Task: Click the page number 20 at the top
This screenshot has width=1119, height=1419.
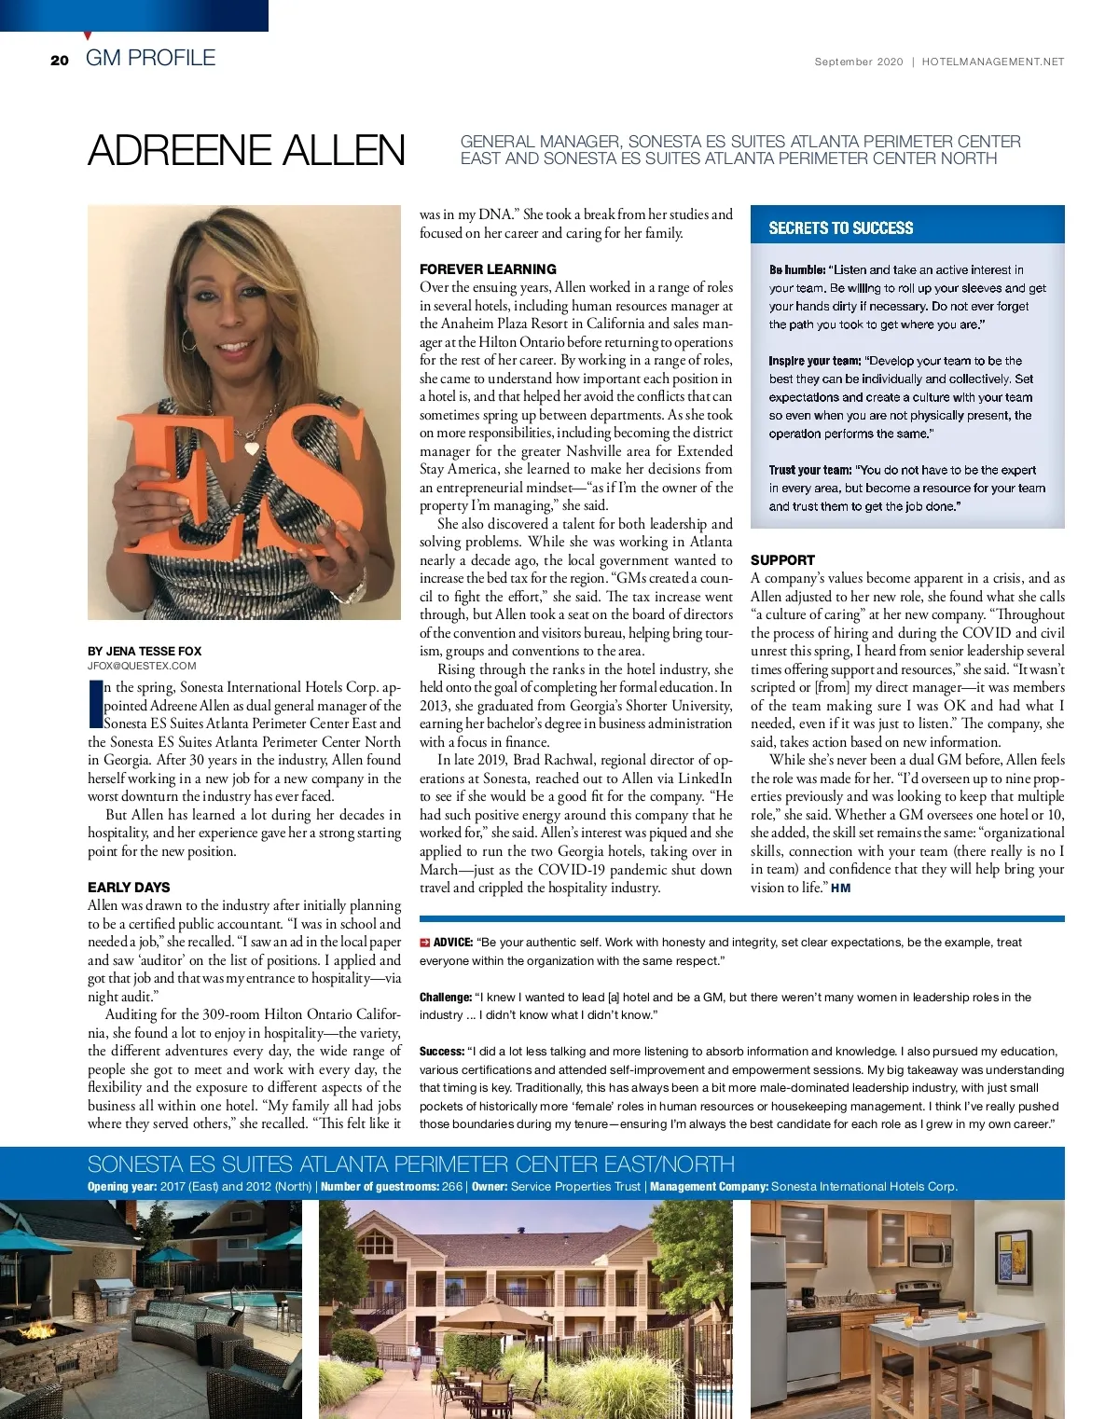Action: pos(60,60)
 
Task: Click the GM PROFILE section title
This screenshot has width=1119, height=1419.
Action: pos(150,58)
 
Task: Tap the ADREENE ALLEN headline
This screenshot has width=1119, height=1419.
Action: pos(246,151)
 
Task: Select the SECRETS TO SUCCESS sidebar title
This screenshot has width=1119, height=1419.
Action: pos(840,227)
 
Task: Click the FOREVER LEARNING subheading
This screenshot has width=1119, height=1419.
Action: pos(488,269)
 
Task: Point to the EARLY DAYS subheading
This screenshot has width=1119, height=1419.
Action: pos(129,887)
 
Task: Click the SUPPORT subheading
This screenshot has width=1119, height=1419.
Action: pos(782,559)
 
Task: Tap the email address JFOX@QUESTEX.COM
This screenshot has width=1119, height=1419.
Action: pos(142,666)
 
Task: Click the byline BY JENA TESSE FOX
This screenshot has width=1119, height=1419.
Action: pos(145,651)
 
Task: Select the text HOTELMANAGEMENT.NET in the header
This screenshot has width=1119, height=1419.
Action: pos(992,62)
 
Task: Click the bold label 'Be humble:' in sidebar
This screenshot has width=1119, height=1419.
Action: pos(796,269)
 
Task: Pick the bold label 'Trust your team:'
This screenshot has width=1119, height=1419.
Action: pos(809,470)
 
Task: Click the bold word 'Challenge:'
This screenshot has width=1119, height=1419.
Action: pos(446,997)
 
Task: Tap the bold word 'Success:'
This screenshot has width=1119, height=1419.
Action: pos(441,1051)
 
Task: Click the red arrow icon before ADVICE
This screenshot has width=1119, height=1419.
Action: pos(424,943)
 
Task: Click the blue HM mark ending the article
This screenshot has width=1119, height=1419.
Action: pos(840,888)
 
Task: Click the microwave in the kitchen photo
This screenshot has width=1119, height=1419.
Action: pos(930,1251)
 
